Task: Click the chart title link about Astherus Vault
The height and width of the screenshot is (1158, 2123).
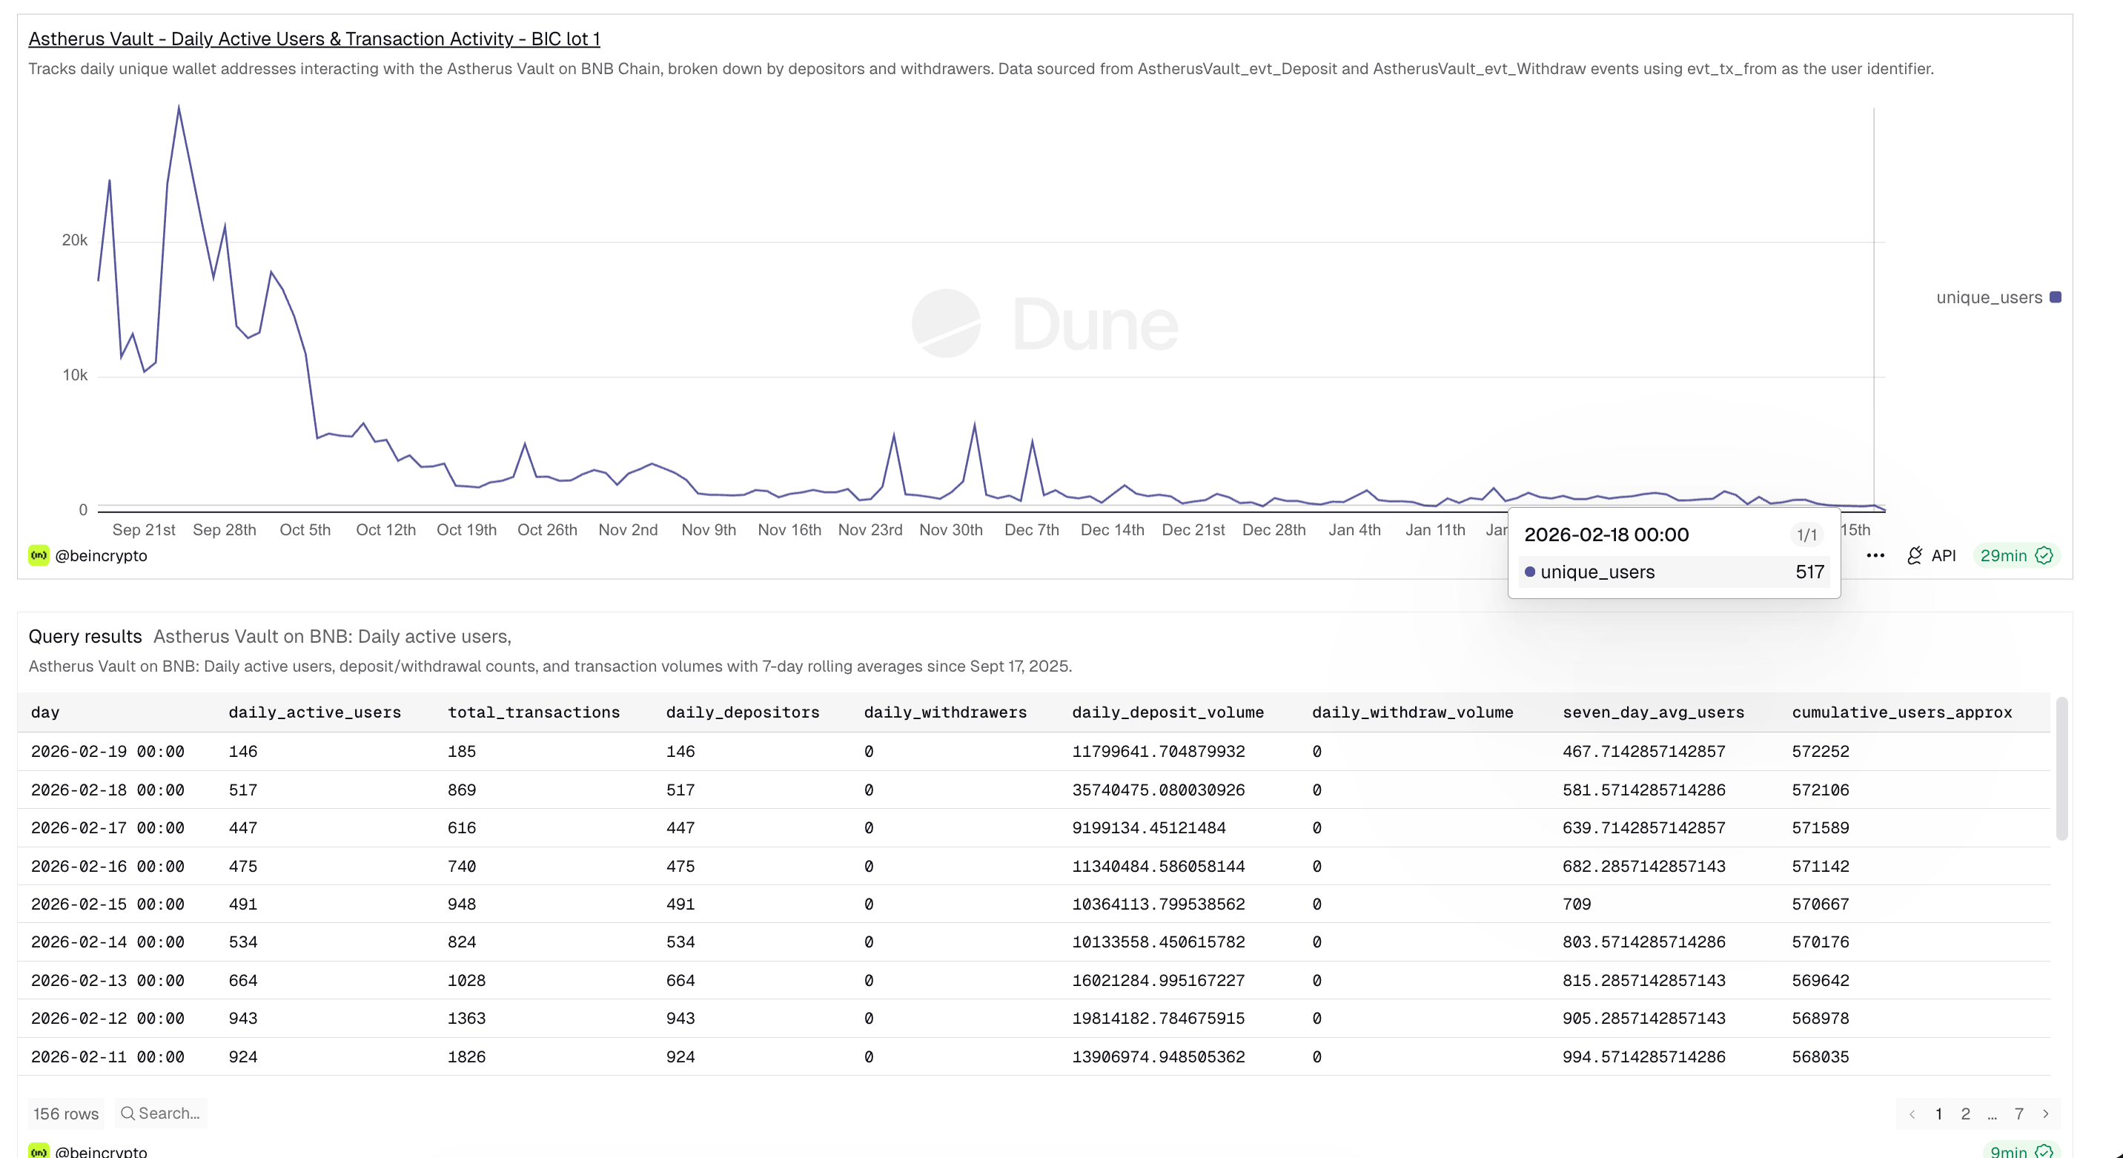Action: (x=314, y=39)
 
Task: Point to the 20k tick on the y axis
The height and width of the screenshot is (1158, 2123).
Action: (x=74, y=240)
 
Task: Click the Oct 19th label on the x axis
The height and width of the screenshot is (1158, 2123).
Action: (x=466, y=530)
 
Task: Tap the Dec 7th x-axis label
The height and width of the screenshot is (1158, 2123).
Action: (x=1031, y=530)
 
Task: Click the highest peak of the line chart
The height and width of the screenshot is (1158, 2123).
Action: (x=179, y=107)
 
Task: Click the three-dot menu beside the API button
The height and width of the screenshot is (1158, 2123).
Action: (x=1875, y=555)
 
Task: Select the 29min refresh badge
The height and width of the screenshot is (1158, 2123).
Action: (x=2015, y=555)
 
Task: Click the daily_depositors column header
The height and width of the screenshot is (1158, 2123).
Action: (x=743, y=712)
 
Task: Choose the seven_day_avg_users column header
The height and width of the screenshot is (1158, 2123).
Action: (x=1653, y=712)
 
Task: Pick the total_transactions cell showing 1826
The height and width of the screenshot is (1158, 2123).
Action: (x=466, y=1056)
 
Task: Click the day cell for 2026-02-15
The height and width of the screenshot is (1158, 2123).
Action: (x=108, y=904)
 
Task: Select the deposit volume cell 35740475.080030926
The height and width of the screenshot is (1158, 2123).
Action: (x=1158, y=790)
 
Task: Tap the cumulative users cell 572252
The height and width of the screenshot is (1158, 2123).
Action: (x=1820, y=752)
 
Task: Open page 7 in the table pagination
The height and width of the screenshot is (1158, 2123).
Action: (x=2018, y=1114)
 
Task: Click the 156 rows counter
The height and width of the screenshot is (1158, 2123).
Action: (x=66, y=1114)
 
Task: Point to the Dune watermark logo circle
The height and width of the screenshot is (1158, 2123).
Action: (x=946, y=323)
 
